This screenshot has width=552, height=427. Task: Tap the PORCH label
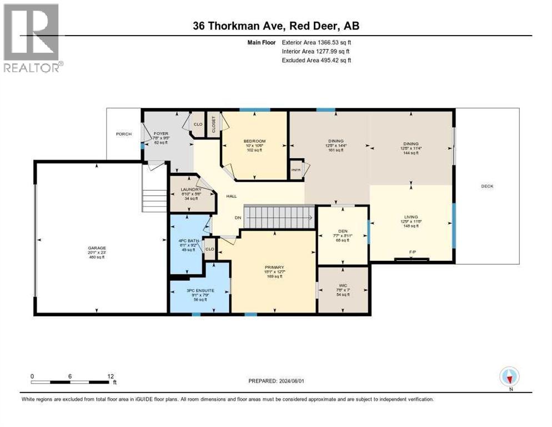coord(124,134)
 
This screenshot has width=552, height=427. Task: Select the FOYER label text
coord(161,134)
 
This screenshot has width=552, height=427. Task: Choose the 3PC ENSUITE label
coord(200,290)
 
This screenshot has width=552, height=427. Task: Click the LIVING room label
coord(411,217)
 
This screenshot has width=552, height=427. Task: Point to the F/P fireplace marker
coord(412,252)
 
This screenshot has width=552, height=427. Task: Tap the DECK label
coord(487,186)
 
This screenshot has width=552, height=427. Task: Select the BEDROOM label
coord(254,141)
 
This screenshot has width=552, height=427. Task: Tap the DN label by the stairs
coord(238,217)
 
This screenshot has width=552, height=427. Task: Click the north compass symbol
coord(509,377)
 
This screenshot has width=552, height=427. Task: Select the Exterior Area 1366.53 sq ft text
coord(317,42)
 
